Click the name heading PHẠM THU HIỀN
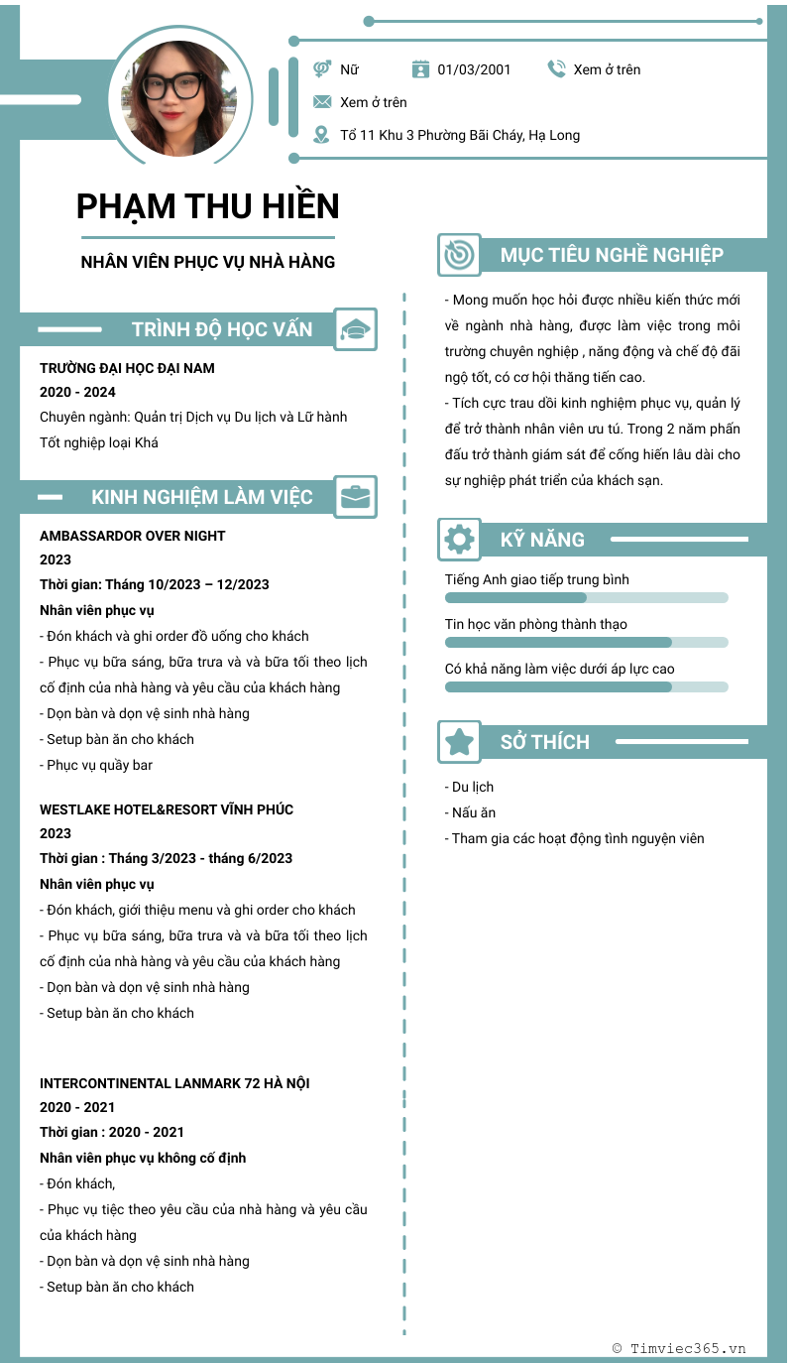pos(207,206)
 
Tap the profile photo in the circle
pos(179,99)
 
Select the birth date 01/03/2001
pos(474,69)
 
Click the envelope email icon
pos(322,102)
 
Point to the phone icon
pos(556,68)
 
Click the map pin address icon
pos(321,135)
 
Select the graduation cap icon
pos(355,329)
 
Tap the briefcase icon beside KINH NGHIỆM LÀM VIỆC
pos(355,497)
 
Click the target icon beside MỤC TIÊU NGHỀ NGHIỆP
pos(459,255)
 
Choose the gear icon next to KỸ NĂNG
pos(459,540)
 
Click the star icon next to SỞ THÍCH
pos(459,742)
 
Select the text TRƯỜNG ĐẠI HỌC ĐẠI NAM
pos(127,368)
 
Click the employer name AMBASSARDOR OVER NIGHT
pos(133,536)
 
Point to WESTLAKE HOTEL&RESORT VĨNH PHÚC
pos(167,809)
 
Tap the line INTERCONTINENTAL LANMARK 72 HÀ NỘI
pos(174,1083)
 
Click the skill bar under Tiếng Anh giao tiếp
pos(586,598)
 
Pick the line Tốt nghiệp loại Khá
pos(99,442)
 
